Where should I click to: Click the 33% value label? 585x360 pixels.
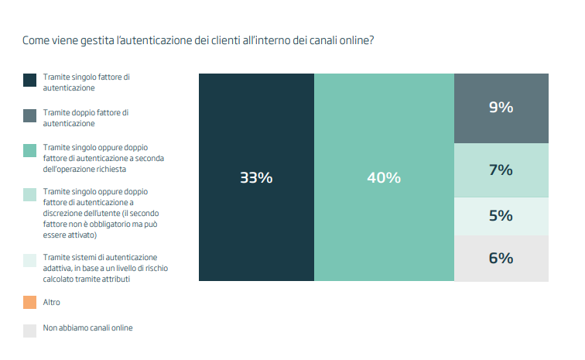tap(256, 177)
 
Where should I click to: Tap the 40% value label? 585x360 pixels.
tap(383, 177)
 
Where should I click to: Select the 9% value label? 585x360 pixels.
tap(501, 108)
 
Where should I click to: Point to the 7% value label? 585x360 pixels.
tap(501, 170)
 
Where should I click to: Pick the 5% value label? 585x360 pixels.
tap(501, 215)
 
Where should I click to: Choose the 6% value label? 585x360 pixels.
tap(501, 258)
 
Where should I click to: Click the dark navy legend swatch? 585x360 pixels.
tap(30, 81)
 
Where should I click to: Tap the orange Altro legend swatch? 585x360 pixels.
tap(30, 301)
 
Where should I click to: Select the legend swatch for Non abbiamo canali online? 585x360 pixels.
tap(30, 331)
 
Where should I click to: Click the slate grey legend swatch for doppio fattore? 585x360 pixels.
tap(30, 115)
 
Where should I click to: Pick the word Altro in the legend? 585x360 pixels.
tap(52, 301)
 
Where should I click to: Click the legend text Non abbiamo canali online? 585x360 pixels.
tap(87, 327)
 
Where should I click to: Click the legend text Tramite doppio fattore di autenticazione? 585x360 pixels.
tap(85, 118)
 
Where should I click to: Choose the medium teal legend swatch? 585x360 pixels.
tap(30, 149)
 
